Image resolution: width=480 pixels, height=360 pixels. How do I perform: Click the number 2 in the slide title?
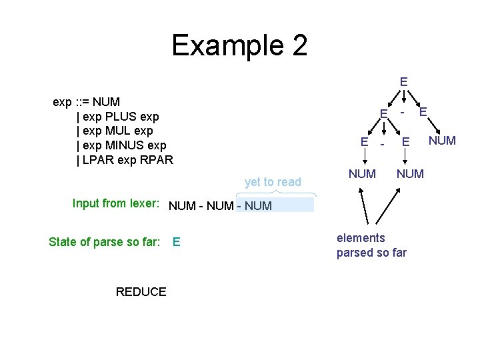(x=298, y=46)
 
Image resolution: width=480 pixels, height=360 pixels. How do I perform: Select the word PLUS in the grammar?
(x=125, y=117)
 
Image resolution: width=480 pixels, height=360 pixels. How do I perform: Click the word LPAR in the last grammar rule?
(x=97, y=160)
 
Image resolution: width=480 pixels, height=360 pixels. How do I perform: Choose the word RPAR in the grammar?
(x=157, y=160)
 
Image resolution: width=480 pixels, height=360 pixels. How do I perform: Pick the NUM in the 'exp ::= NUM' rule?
(x=107, y=102)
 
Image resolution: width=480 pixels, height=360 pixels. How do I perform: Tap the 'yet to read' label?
(x=273, y=182)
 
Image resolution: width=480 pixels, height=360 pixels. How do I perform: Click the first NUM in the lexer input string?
(x=182, y=206)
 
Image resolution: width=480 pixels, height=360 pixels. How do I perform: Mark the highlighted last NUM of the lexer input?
(x=259, y=206)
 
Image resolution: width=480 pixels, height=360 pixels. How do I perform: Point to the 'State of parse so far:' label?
(x=104, y=242)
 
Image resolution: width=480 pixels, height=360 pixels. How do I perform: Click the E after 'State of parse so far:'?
(x=176, y=242)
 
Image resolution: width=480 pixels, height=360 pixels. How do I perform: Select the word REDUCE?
(x=141, y=292)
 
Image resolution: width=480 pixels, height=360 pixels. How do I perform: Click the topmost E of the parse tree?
(x=403, y=82)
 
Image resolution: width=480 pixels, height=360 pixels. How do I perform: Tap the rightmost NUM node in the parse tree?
(x=442, y=141)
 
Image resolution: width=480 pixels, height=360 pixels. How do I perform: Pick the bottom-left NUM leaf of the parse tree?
(x=363, y=174)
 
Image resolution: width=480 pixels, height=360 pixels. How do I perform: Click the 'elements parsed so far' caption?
(x=371, y=245)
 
